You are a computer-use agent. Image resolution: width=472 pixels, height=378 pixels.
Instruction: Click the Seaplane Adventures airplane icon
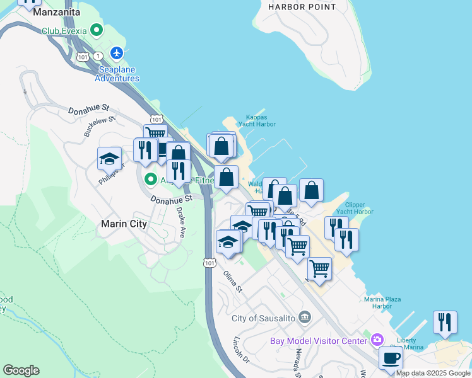point(117,52)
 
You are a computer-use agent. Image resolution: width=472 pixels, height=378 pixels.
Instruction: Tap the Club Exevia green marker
point(96,30)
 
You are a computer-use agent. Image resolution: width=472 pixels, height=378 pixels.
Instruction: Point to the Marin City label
point(124,224)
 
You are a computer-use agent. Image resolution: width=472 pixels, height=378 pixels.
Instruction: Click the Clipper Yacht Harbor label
point(355,209)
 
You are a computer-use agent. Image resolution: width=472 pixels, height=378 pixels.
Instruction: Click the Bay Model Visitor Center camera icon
point(377,340)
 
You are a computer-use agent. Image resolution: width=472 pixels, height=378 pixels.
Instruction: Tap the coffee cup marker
point(390,358)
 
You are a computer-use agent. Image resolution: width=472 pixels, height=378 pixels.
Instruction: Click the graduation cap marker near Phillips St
point(109,158)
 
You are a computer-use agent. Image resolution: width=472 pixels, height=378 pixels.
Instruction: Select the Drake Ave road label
point(181,222)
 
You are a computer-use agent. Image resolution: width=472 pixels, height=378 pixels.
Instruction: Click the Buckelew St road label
point(100,126)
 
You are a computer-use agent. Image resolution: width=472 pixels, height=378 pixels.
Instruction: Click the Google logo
point(21,370)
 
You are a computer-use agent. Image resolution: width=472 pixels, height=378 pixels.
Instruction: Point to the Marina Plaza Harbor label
point(382,302)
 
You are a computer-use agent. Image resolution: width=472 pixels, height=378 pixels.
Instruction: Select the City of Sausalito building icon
point(305,316)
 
